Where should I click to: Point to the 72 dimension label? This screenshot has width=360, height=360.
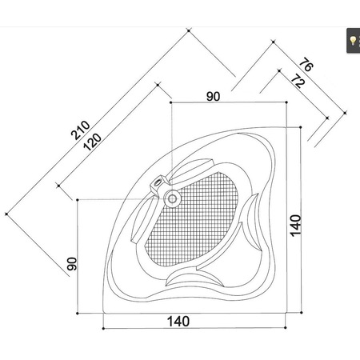(298, 82)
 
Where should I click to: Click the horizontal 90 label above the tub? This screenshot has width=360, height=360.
(213, 96)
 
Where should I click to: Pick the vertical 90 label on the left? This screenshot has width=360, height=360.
(71, 263)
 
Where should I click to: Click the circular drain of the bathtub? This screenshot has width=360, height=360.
(172, 197)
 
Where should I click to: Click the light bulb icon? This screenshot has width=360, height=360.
(351, 39)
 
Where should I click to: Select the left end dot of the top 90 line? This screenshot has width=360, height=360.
(170, 102)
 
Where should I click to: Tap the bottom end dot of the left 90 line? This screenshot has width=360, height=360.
(77, 313)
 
